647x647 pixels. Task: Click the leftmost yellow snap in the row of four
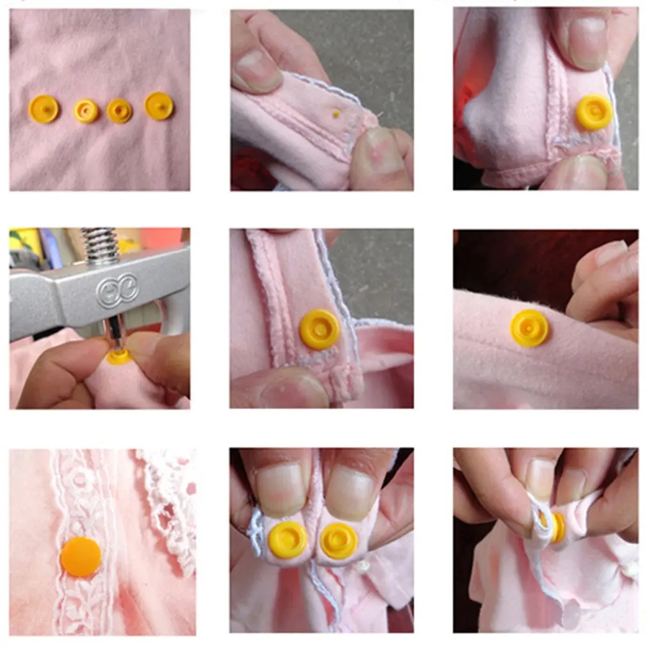44,109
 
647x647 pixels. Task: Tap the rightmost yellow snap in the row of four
159,106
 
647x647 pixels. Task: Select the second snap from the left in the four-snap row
86,111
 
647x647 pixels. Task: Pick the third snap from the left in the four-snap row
119,111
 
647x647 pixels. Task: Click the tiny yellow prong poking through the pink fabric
336,113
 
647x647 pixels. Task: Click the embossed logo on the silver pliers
117,291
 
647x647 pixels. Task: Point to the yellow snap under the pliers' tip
119,357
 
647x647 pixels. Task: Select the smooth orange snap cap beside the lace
81,556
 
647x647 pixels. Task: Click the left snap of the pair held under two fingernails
288,539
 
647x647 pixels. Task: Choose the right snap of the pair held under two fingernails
338,541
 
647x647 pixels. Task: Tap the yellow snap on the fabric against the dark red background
529,328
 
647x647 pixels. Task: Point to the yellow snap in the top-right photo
594,113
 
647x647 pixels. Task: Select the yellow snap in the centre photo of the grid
320,329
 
